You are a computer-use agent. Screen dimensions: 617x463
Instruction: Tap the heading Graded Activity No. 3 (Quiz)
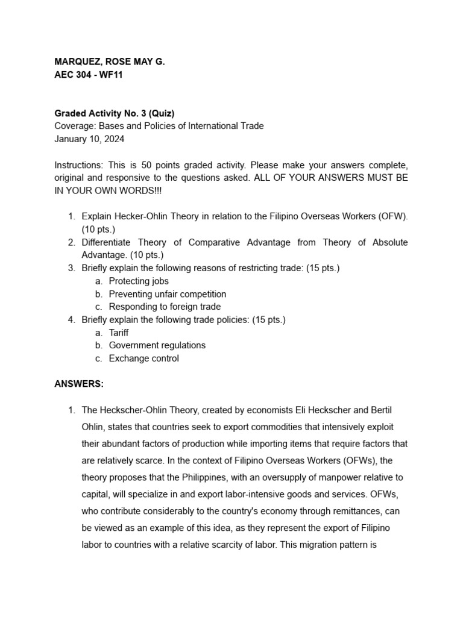click(x=115, y=113)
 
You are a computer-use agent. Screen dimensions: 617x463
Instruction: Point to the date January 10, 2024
click(x=89, y=139)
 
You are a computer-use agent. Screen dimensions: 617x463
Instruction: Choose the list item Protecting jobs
click(x=139, y=281)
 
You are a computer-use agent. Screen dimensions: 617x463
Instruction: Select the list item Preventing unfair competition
click(x=168, y=294)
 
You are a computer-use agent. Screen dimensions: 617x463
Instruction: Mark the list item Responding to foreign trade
click(x=165, y=307)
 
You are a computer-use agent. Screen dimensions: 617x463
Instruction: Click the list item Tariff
click(x=119, y=333)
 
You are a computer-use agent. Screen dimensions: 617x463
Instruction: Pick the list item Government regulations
click(x=157, y=345)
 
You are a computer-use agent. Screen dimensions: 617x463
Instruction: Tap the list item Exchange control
click(x=143, y=359)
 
